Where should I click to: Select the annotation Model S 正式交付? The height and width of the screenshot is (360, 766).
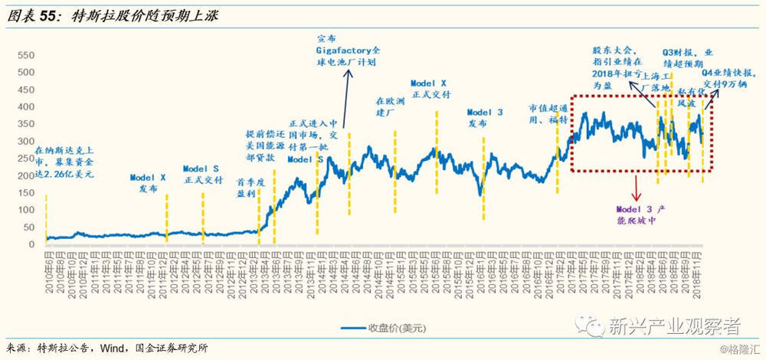pyautogui.click(x=202, y=174)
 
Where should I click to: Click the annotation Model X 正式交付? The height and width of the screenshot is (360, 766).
pyautogui.click(x=430, y=87)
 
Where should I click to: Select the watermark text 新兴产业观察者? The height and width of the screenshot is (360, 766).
pyautogui.click(x=674, y=328)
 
